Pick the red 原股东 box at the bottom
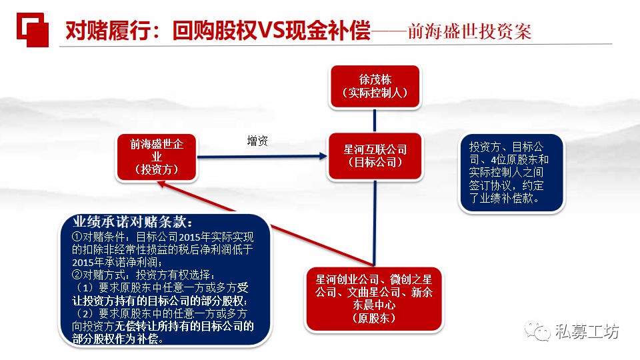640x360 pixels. coord(374,299)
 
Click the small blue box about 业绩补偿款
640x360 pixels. coord(511,173)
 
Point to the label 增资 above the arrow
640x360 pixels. coord(257,141)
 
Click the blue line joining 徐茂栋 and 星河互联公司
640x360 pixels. coord(375,121)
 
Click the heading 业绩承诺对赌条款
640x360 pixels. coord(133,223)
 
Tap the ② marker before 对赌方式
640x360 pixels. coord(76,274)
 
